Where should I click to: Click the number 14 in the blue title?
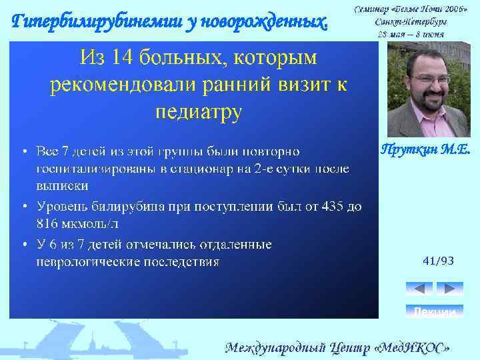click(x=123, y=59)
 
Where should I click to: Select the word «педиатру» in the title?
click(x=198, y=111)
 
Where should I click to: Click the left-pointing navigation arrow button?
click(x=419, y=289)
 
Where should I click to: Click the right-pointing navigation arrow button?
click(x=449, y=289)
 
